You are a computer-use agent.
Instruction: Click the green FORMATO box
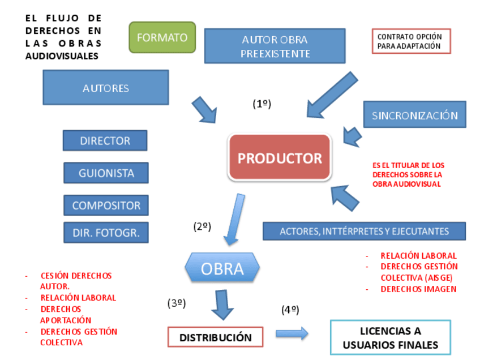(x=162, y=37)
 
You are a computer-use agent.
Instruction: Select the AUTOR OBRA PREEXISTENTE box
(x=275, y=46)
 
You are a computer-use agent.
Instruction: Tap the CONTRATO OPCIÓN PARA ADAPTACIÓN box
(x=411, y=41)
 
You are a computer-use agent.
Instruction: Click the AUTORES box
(x=106, y=88)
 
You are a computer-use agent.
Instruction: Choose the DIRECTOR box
(x=105, y=140)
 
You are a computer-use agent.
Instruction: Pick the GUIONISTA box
(x=106, y=173)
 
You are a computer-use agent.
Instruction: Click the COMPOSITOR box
(x=106, y=205)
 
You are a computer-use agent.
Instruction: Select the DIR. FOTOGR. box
(x=106, y=232)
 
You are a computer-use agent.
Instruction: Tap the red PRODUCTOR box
(x=280, y=158)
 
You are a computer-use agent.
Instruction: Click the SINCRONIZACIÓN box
(x=414, y=115)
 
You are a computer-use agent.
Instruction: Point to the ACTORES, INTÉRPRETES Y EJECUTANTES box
(x=364, y=231)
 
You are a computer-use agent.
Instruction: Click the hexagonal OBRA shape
(x=222, y=268)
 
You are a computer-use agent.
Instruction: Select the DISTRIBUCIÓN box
(x=216, y=337)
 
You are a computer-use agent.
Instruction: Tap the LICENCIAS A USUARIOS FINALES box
(x=390, y=338)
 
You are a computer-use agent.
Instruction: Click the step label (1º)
(x=262, y=104)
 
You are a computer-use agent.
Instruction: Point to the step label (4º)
(x=290, y=310)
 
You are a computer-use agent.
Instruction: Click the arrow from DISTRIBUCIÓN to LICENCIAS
(x=292, y=333)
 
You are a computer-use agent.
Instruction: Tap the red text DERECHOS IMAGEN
(x=418, y=289)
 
